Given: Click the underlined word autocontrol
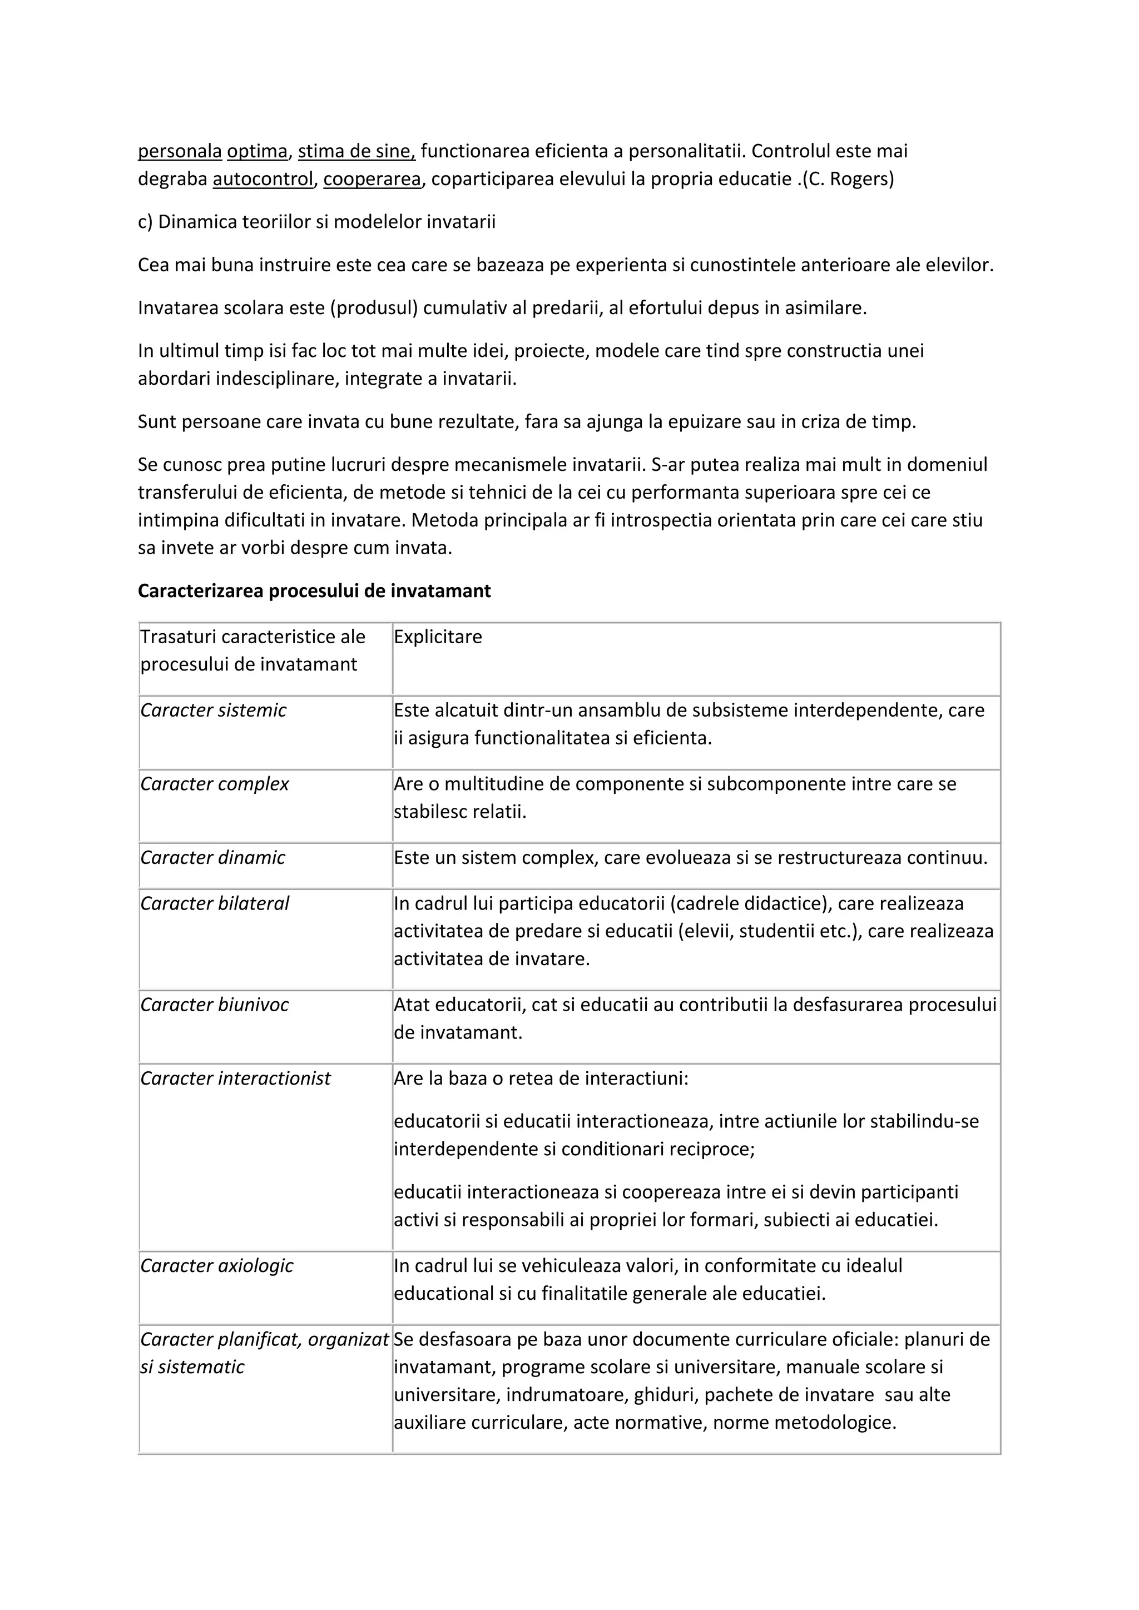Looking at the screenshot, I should click(x=263, y=180).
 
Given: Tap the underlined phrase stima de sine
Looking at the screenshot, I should click(x=356, y=151).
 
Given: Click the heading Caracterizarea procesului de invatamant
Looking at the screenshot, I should click(x=314, y=591).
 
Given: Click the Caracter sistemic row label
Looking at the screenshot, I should click(x=213, y=710).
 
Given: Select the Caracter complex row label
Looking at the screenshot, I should click(x=215, y=784).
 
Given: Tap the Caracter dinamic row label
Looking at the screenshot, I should click(x=212, y=858).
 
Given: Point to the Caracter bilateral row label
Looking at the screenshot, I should click(x=215, y=903).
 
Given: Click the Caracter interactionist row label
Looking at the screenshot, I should click(x=235, y=1079).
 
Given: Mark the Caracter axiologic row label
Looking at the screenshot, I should click(x=217, y=1266).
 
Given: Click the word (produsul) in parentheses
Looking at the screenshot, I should click(x=374, y=308).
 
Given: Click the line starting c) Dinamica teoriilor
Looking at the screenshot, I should click(x=316, y=222).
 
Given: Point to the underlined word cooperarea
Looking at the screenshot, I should click(x=372, y=180).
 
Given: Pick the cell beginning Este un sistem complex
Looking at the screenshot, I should click(x=690, y=858).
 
